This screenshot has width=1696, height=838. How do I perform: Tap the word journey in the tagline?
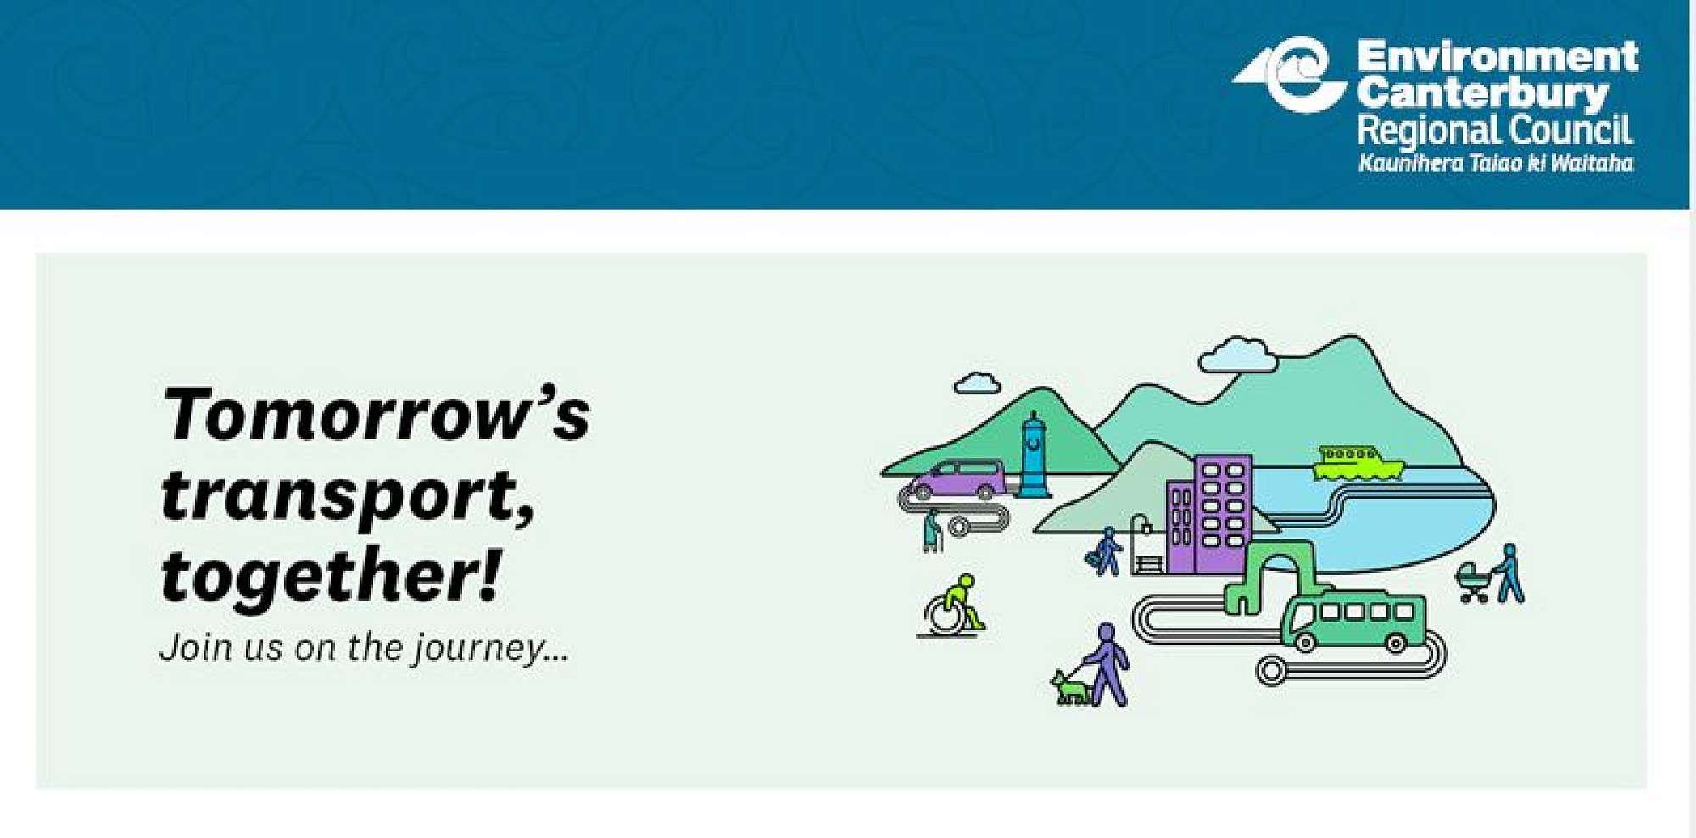click(x=480, y=649)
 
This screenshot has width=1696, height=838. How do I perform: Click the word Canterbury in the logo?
click(x=1482, y=92)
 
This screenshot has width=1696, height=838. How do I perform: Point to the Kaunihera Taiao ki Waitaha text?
click(x=1496, y=163)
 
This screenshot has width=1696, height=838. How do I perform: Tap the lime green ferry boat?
click(x=1357, y=463)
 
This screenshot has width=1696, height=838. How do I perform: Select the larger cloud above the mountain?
click(x=1237, y=355)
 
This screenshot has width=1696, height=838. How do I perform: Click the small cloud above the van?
click(x=977, y=384)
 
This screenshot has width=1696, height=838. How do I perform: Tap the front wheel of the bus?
click(x=1306, y=643)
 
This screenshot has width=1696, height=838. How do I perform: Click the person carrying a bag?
click(x=1106, y=552)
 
